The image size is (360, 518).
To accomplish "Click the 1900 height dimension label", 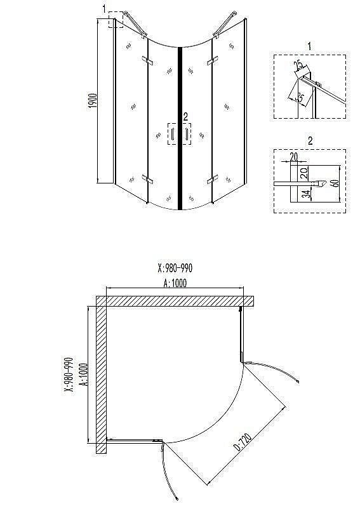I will point(93,103).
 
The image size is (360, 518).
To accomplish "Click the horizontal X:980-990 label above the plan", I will point(174,267).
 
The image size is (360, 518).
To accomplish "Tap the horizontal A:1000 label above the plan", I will point(175,284).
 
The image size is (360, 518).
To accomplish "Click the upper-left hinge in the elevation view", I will point(148,61).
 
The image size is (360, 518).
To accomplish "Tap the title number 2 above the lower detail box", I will point(309,140).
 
